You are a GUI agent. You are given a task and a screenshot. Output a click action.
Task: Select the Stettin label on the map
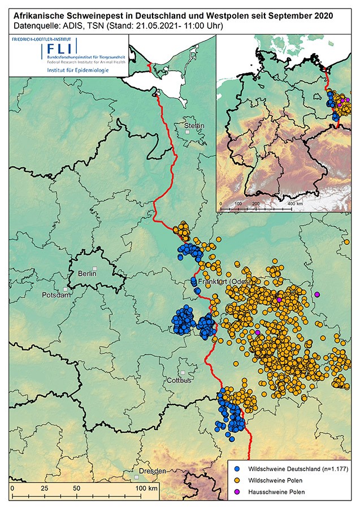click(x=194, y=125)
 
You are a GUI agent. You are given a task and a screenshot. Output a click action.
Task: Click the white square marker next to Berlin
click(x=96, y=267)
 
